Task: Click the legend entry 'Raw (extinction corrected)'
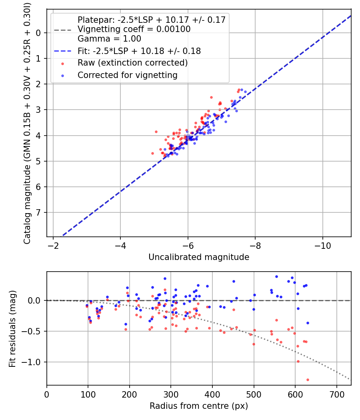132,63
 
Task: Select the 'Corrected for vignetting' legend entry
128,75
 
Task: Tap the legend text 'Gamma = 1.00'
109,39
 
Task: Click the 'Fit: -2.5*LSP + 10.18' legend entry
139,51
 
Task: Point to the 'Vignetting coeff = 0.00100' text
134,29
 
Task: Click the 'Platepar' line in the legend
152,20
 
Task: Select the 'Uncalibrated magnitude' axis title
199,257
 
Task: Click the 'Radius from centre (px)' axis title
199,406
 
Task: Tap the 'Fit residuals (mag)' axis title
12,329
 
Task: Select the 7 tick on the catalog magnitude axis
38,213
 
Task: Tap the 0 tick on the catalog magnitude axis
38,33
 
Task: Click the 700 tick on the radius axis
336,394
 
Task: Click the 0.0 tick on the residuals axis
34,300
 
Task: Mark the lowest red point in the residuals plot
308,380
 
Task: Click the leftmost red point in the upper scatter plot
153,154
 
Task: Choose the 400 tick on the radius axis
212,394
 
